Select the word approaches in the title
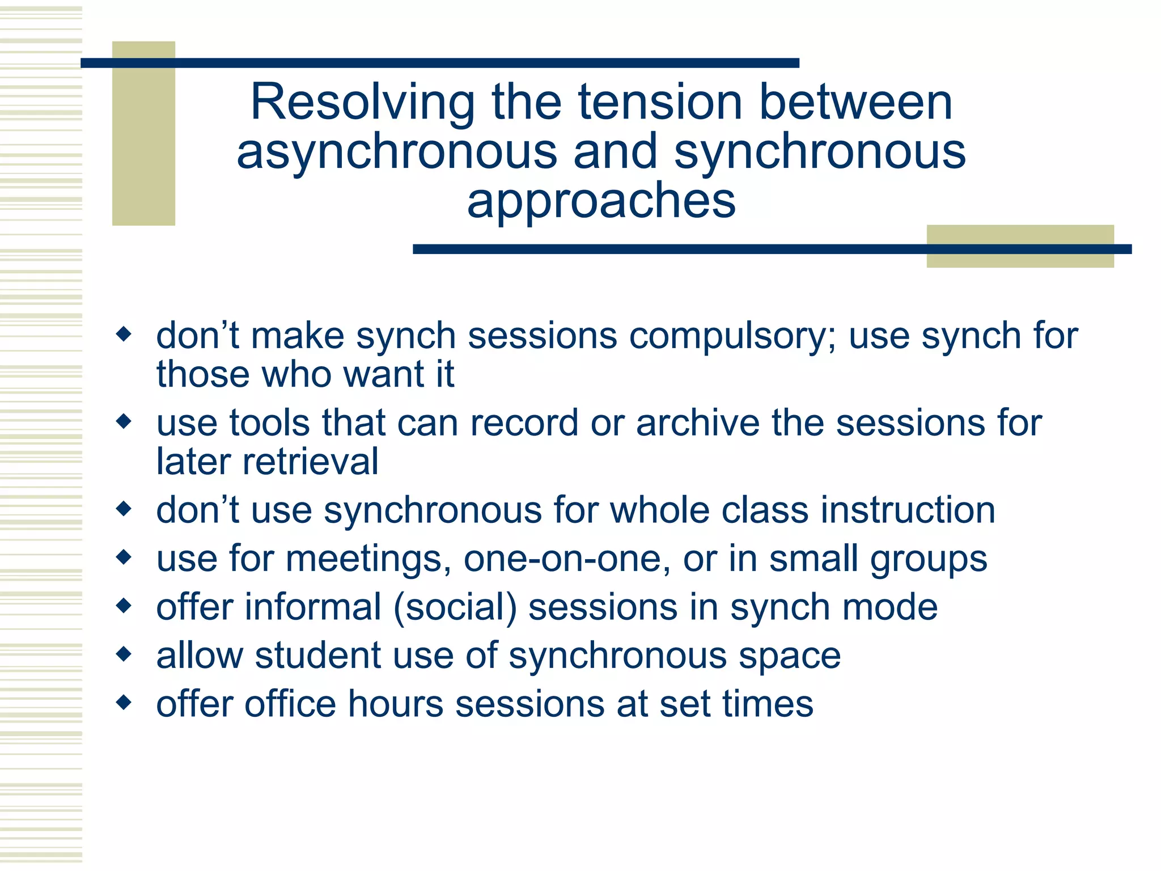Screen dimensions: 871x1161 pyautogui.click(x=601, y=201)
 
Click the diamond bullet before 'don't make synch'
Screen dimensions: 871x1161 pyautogui.click(x=124, y=333)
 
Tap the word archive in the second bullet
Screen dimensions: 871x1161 pyautogui.click(x=698, y=423)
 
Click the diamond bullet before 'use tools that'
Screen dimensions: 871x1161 pyautogui.click(x=124, y=421)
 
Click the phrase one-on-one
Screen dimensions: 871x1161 pyautogui.click(x=562, y=559)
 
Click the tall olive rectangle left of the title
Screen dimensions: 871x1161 pyautogui.click(x=143, y=133)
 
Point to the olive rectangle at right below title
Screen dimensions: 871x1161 pyautogui.click(x=1019, y=246)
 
